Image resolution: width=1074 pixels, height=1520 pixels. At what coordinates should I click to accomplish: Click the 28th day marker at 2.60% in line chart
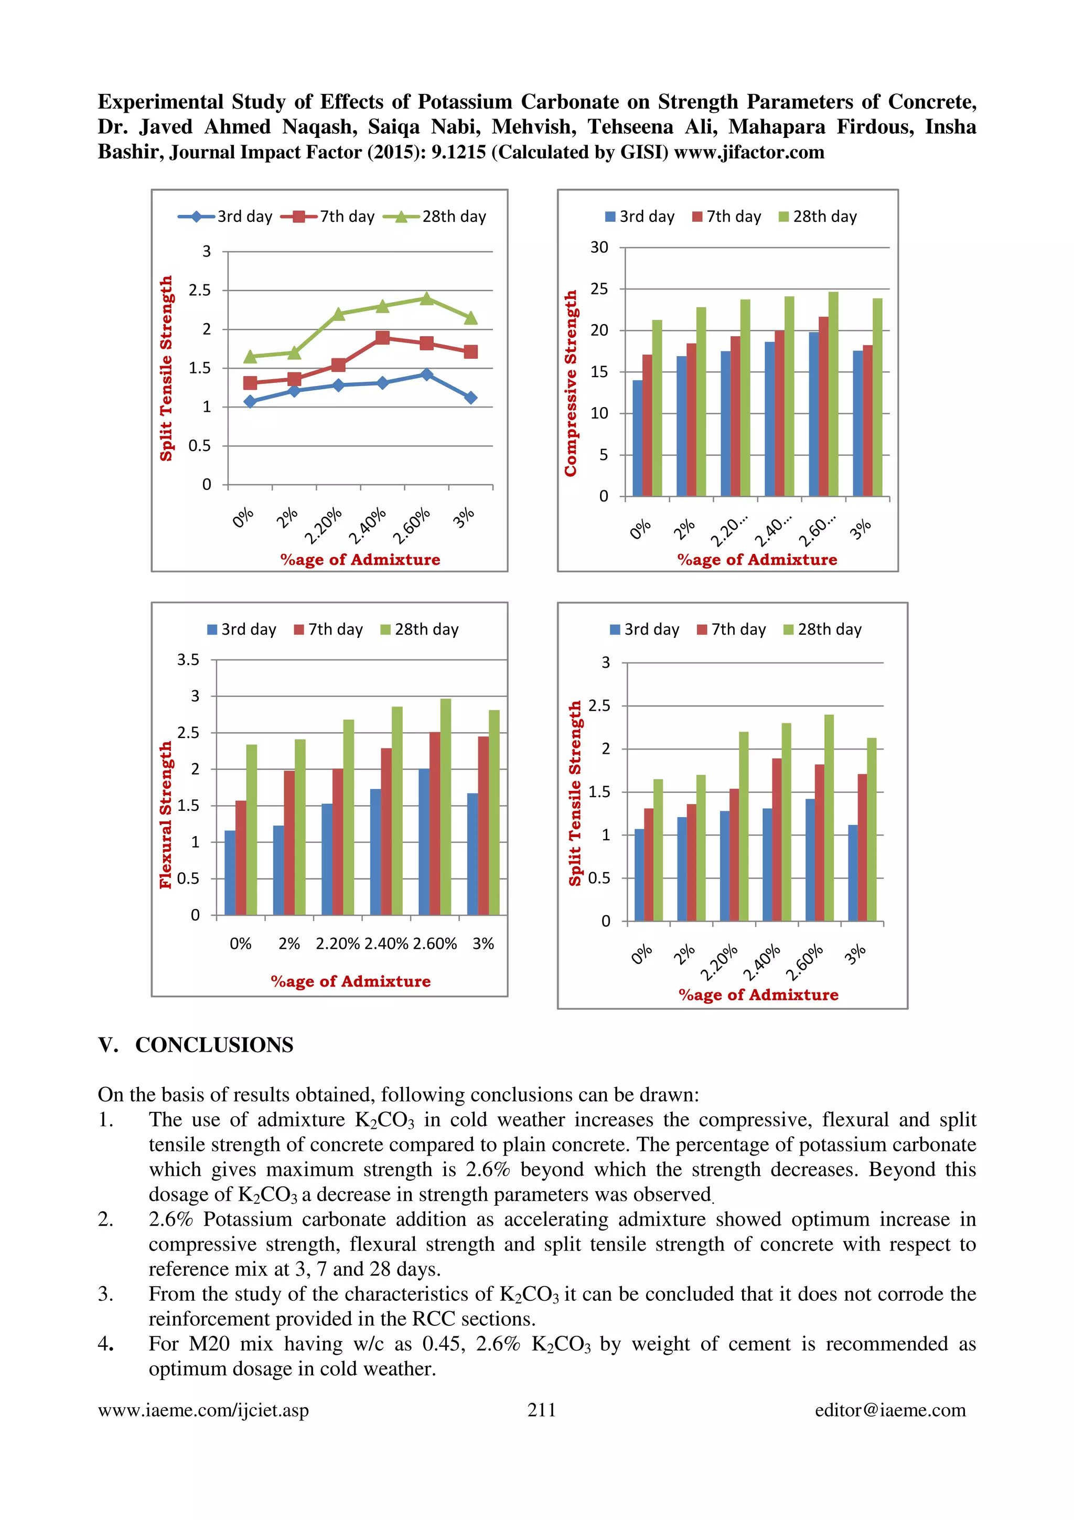[427, 298]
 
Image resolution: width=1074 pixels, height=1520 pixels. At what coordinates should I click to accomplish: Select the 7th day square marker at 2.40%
[382, 338]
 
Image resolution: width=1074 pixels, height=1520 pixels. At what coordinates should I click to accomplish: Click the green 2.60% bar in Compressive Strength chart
[833, 394]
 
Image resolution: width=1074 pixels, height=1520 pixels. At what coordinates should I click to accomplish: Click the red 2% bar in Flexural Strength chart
[289, 842]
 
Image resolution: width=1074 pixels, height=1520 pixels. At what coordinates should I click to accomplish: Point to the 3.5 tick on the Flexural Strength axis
[188, 659]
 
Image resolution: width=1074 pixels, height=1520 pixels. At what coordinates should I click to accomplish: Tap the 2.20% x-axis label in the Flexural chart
[338, 944]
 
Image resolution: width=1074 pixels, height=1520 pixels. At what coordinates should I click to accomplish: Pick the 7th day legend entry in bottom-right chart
[732, 629]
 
